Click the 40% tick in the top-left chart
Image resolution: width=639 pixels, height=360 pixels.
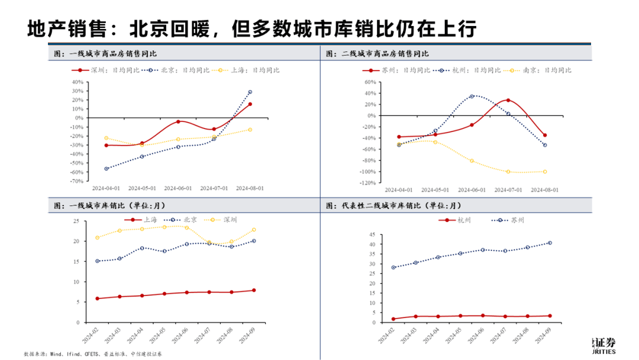[x=76, y=82]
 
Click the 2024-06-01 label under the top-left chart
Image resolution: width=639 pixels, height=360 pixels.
[x=177, y=189]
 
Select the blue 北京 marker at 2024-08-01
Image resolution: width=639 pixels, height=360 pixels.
[x=250, y=92]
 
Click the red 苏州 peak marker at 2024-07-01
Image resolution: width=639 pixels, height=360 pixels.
[x=508, y=100]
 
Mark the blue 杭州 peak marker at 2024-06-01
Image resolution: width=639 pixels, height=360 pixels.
[x=472, y=96]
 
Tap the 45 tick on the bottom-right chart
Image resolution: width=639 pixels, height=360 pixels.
[x=372, y=236]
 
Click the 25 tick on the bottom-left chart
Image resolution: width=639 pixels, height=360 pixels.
[x=76, y=221]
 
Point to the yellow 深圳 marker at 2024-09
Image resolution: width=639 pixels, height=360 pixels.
[x=254, y=230]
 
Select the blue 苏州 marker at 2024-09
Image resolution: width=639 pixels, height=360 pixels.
[x=550, y=243]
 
